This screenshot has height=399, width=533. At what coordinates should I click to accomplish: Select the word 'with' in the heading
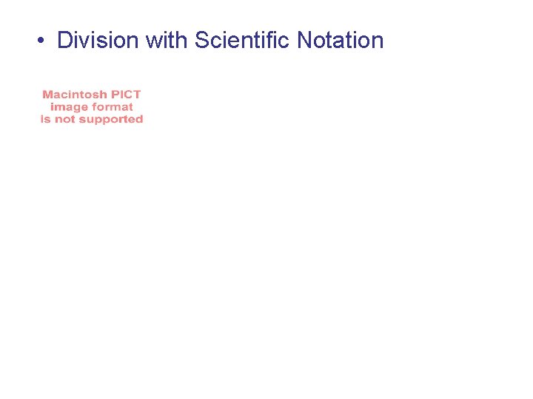tap(167, 40)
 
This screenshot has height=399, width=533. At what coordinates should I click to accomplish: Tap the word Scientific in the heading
tap(242, 40)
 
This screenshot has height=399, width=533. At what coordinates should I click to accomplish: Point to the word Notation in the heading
tap(340, 40)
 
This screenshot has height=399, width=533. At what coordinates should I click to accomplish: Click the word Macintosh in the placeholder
tap(75, 95)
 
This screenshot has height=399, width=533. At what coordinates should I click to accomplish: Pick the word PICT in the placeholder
tap(126, 95)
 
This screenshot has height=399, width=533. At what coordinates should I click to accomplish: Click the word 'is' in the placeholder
tap(45, 120)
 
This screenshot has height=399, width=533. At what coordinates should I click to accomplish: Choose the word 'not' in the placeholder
tap(64, 120)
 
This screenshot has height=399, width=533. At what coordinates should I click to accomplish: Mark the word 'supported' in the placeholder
tap(111, 120)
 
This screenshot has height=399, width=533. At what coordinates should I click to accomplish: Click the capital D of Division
tap(64, 40)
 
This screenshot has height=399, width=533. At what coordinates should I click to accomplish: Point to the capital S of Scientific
tap(201, 40)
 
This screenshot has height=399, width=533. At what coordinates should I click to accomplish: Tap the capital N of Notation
tap(304, 40)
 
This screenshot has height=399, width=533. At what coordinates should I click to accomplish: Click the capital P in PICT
tap(115, 95)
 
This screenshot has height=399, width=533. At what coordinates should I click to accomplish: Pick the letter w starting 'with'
tap(152, 41)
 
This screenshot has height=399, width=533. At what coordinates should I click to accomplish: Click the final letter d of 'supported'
tap(139, 119)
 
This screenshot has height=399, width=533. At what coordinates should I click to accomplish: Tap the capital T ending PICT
tap(137, 95)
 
